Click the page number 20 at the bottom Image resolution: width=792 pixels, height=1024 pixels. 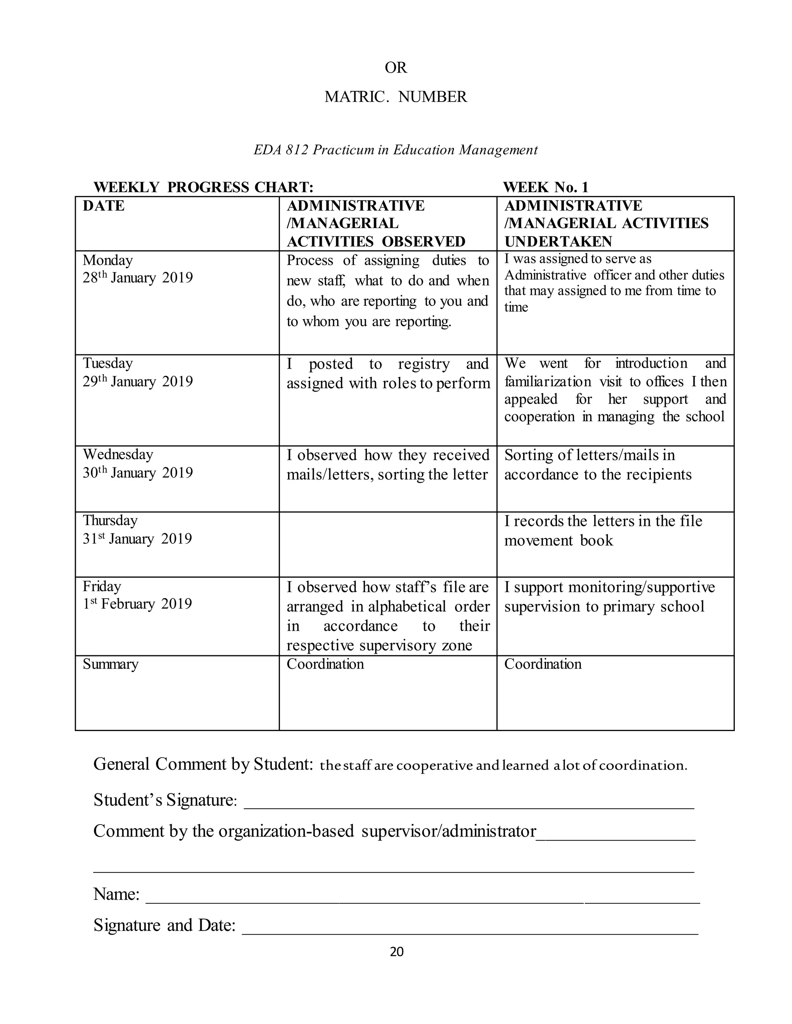pyautogui.click(x=396, y=951)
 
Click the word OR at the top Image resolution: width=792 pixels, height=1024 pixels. pyautogui.click(x=396, y=68)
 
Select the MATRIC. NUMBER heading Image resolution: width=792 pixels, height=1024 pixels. pyautogui.click(x=396, y=97)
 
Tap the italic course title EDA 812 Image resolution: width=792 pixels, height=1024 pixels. pyautogui.click(x=396, y=150)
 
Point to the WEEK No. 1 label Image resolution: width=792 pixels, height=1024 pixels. pyautogui.click(x=545, y=187)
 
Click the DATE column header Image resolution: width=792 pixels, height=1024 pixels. pyautogui.click(x=104, y=206)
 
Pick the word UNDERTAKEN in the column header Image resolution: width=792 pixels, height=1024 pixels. pyautogui.click(x=558, y=242)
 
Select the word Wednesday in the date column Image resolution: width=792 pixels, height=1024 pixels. pyautogui.click(x=118, y=454)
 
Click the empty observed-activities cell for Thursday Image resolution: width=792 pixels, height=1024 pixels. pyautogui.click(x=387, y=544)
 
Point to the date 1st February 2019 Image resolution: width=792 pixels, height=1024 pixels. pyautogui.click(x=137, y=604)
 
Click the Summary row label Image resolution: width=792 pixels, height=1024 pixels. pyautogui.click(x=110, y=664)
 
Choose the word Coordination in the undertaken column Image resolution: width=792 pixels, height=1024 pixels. pyautogui.click(x=543, y=664)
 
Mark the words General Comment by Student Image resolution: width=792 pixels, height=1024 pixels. pyautogui.click(x=203, y=764)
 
